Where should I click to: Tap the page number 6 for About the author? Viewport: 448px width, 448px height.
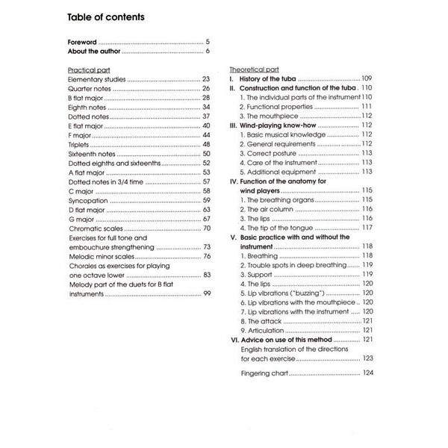click(x=208, y=52)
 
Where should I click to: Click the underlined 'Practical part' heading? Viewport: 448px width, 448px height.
click(x=87, y=69)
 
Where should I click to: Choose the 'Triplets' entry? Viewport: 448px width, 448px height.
click(x=80, y=144)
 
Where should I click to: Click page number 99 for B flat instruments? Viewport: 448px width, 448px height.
click(x=206, y=293)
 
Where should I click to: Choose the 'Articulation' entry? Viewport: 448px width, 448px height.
click(x=266, y=330)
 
